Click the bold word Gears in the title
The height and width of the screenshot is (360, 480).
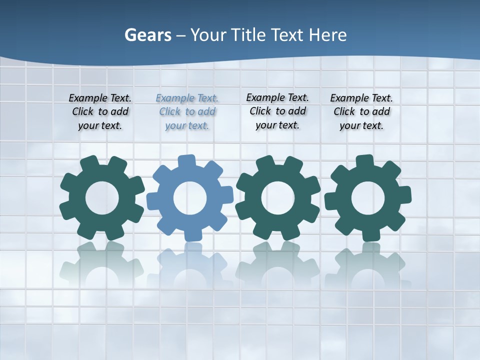tap(147, 35)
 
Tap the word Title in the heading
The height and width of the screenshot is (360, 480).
tap(247, 35)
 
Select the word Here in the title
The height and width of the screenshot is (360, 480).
tap(327, 35)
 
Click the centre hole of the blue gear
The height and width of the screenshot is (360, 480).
tap(190, 198)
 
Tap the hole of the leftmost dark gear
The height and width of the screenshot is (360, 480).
tap(102, 198)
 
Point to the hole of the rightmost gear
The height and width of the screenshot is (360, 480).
tap(368, 198)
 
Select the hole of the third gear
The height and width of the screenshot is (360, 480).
tap(278, 198)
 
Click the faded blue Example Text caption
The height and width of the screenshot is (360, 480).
tap(187, 112)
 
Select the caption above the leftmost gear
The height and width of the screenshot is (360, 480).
tap(100, 112)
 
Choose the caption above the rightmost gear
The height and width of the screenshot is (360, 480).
tap(361, 112)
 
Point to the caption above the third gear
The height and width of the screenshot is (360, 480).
tap(277, 111)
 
